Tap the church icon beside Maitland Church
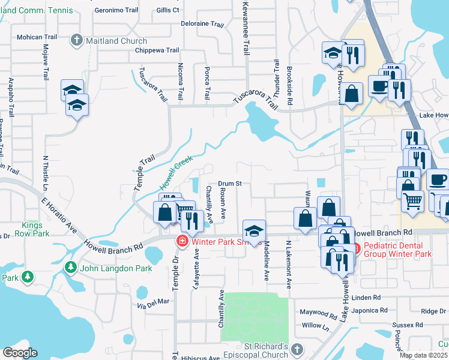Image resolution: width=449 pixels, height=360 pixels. [76, 41]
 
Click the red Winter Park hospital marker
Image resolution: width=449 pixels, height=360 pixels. [181, 241]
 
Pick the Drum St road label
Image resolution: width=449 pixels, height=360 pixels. [229, 184]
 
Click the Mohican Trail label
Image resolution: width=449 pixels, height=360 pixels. [37, 37]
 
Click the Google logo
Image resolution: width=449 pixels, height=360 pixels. [20, 353]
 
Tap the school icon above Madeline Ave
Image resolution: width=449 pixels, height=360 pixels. [254, 230]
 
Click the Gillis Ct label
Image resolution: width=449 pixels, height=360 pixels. [167, 10]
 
